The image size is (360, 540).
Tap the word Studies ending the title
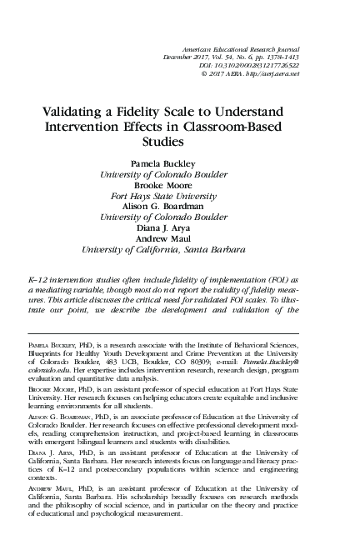tap(180, 142)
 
